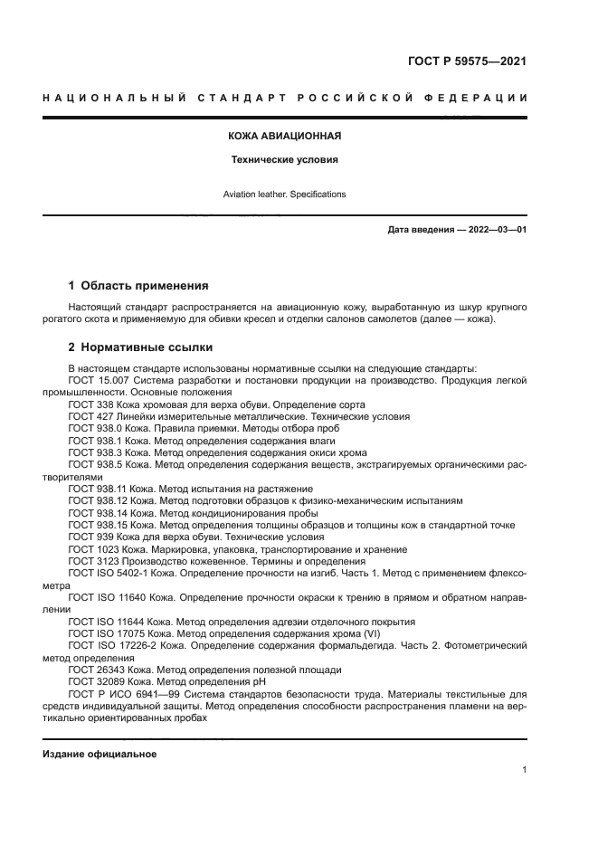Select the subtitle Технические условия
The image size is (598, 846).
tap(283, 159)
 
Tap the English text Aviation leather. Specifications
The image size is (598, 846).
tap(284, 195)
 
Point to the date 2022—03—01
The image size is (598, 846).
tap(495, 230)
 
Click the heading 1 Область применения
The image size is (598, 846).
tap(138, 285)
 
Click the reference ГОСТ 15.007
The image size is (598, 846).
tap(96, 381)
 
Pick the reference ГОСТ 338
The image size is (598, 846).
tap(89, 404)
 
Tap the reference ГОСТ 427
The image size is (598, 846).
tap(89, 416)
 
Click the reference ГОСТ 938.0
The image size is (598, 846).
tap(93, 428)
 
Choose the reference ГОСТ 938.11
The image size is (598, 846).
tap(96, 488)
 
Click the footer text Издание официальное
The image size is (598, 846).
tap(100, 754)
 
